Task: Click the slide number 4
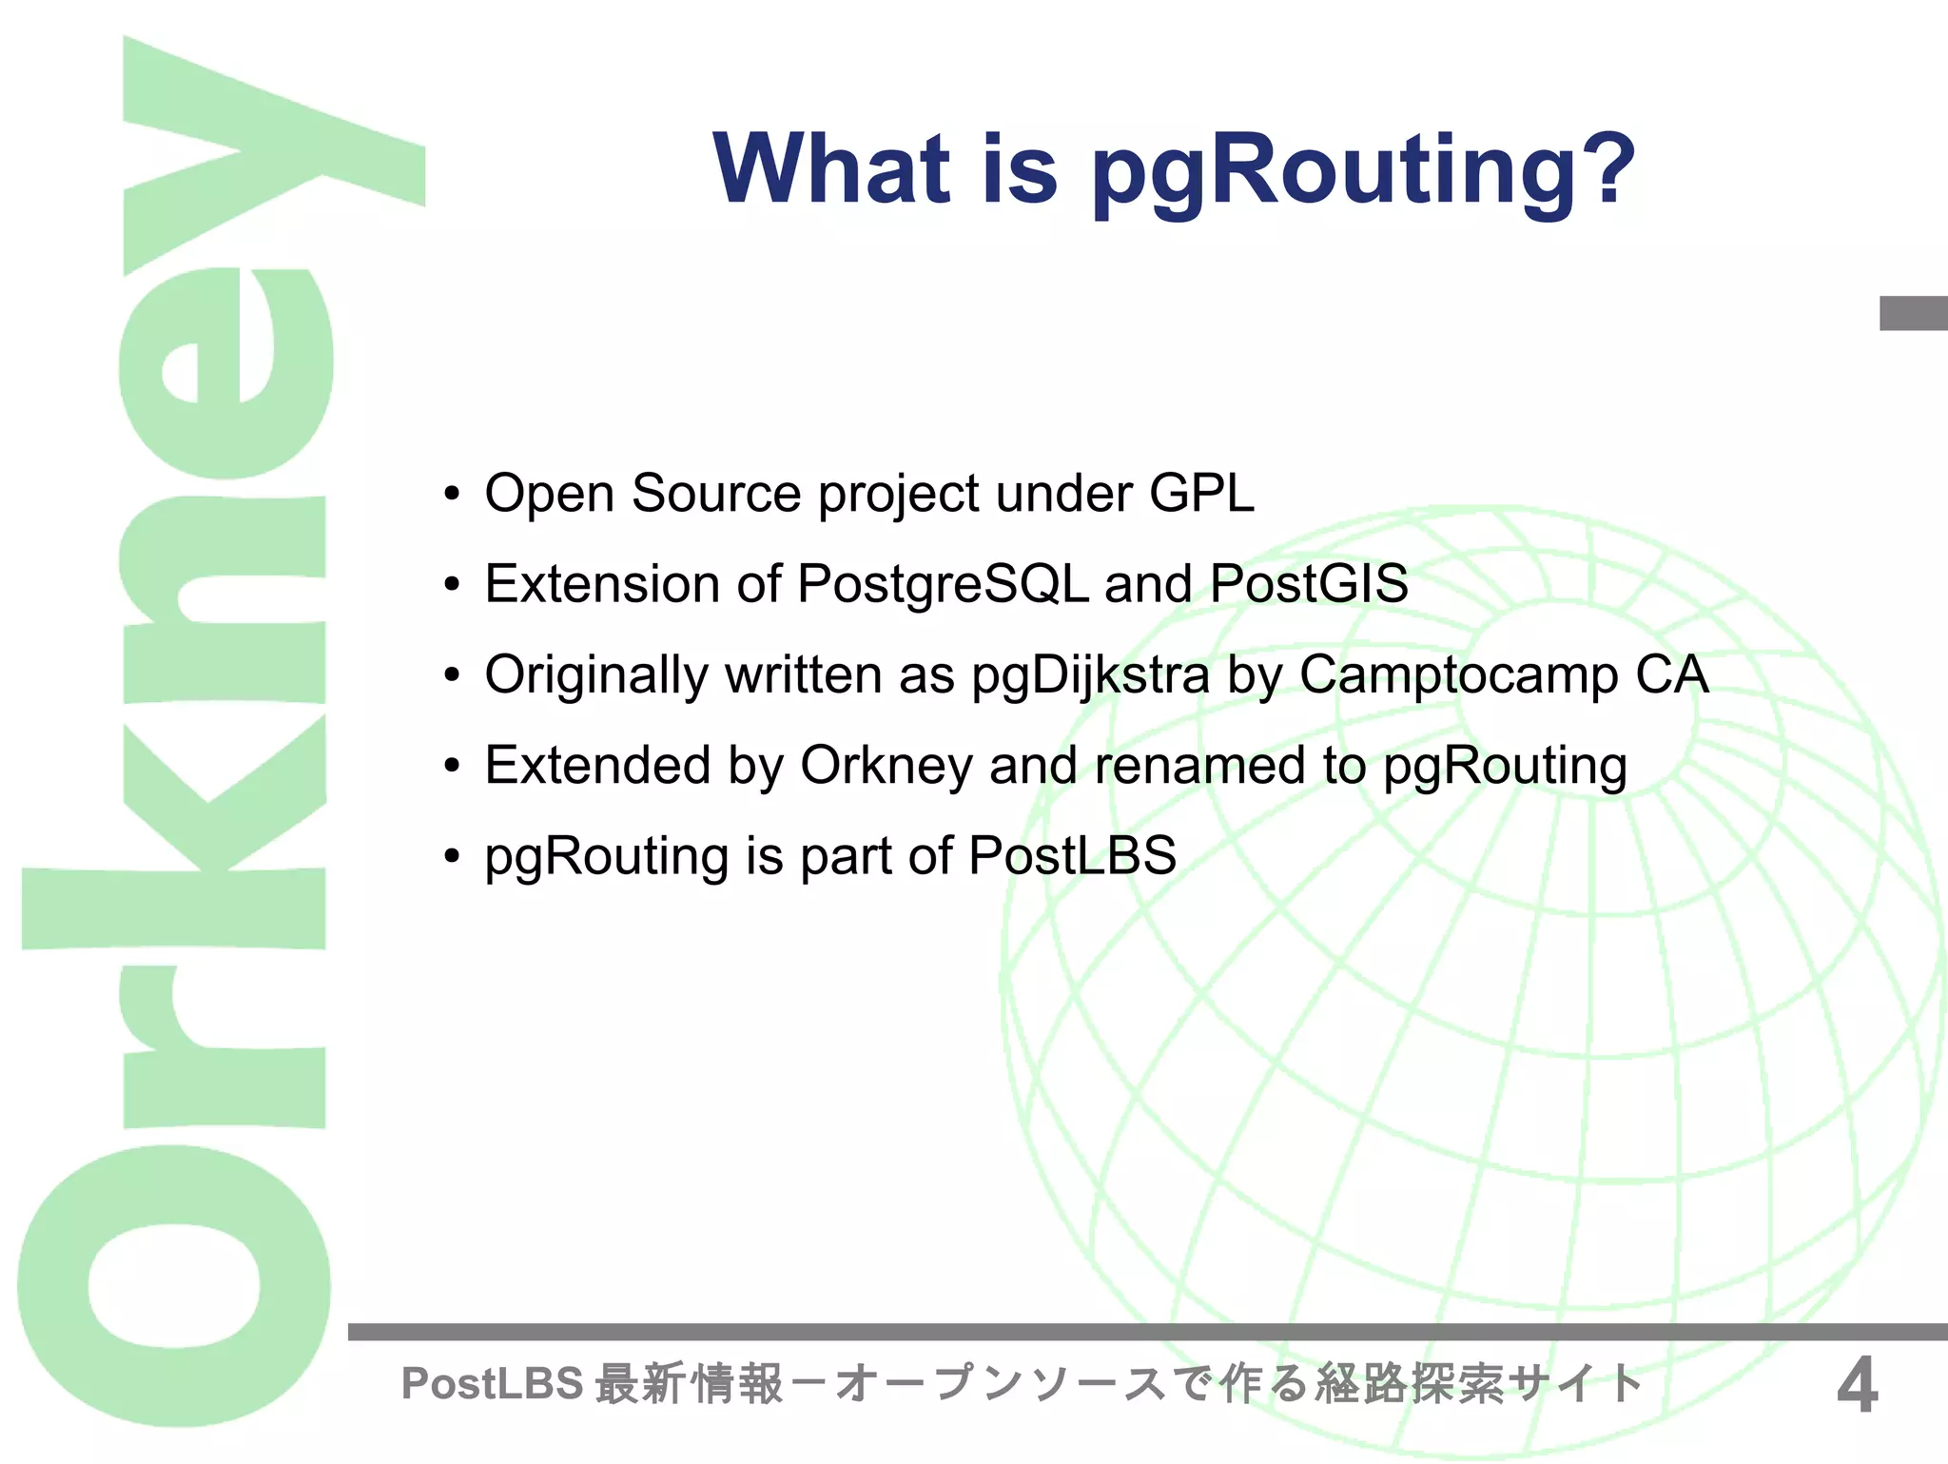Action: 1856,1385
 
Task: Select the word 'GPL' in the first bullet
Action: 1201,494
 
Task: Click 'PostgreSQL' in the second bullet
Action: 943,584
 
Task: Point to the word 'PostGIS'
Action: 1308,583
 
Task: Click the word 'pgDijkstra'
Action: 1090,676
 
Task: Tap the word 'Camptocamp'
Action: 1458,676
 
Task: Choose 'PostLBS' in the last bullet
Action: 1072,855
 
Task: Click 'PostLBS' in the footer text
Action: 492,1383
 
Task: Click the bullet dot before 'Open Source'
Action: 452,495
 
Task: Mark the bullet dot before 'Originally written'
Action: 452,675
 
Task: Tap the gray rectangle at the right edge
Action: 1913,313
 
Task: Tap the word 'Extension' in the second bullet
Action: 601,584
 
